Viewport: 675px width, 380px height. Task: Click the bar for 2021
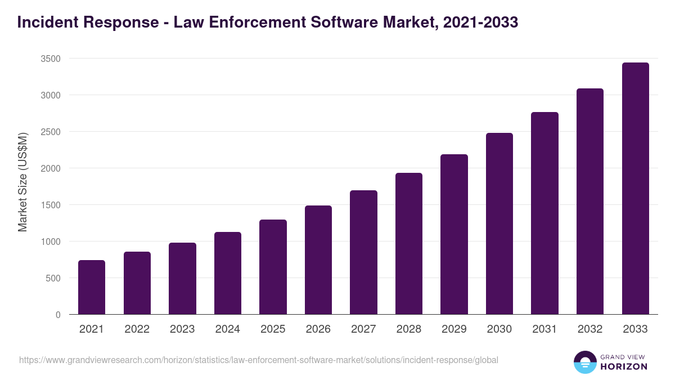point(92,287)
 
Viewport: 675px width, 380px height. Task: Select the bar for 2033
point(635,189)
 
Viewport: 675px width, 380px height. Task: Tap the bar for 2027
point(363,252)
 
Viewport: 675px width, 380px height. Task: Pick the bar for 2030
point(499,223)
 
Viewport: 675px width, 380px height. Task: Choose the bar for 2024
point(228,273)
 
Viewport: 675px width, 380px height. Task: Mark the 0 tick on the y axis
point(58,315)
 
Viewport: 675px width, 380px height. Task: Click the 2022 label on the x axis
point(137,329)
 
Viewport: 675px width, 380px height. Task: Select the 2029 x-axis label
point(454,329)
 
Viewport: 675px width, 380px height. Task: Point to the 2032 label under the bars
point(590,329)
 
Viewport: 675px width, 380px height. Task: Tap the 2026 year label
point(318,329)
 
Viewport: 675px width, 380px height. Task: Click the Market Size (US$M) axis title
point(22,182)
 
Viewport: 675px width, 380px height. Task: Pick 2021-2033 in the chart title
point(480,23)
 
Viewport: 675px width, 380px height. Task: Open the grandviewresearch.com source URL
point(258,360)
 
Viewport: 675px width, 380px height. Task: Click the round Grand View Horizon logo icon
point(584,362)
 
